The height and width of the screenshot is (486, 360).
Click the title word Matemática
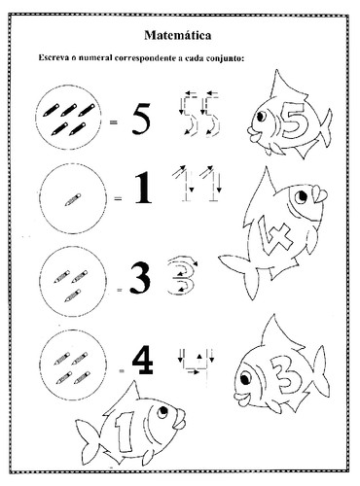pos(178,35)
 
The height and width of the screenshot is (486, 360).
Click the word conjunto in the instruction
pos(225,58)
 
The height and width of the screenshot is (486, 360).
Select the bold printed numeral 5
pos(141,119)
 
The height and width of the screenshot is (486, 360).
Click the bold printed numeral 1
pos(143,188)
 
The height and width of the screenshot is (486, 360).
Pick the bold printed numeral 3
pos(140,278)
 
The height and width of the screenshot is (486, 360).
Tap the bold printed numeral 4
pos(143,360)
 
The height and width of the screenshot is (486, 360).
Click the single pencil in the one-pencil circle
pos(73,199)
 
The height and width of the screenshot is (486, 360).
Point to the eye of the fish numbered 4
pos(301,196)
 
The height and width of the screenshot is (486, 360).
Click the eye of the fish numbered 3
pos(244,377)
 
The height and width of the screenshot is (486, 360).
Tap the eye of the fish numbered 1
pos(162,411)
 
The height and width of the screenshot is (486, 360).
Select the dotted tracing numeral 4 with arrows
pos(197,364)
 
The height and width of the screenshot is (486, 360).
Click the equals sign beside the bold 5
pos(114,122)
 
